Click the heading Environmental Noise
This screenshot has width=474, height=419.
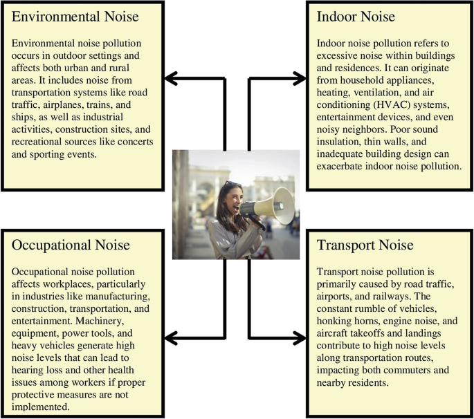(x=75, y=17)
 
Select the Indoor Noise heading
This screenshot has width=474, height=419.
(x=356, y=17)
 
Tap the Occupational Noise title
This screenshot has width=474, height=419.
(x=71, y=245)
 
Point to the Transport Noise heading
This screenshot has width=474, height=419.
(x=365, y=245)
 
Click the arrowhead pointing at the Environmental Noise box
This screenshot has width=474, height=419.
(x=170, y=79)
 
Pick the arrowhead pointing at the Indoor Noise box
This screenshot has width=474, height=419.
(x=300, y=79)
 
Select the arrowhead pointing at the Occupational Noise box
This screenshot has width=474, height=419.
(x=170, y=337)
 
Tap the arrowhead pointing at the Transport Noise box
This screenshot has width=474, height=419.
(x=300, y=337)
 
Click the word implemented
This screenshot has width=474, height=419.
(x=41, y=407)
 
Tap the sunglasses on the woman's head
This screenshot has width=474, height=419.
(x=233, y=184)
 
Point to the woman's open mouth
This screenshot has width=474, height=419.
(x=236, y=208)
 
